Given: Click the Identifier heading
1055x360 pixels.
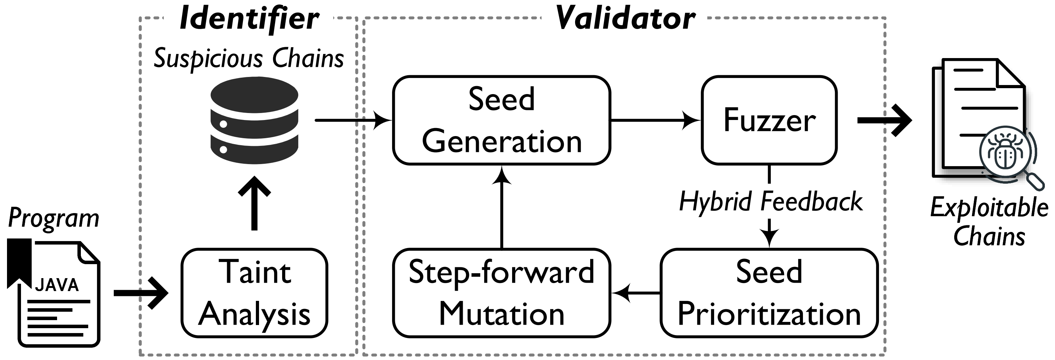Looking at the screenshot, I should click(249, 19).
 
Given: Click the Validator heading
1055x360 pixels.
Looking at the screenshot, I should click(625, 19).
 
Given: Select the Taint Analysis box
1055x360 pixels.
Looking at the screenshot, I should click(254, 293).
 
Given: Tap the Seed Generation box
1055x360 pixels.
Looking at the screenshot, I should click(501, 120).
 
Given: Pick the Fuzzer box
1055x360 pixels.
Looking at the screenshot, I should click(769, 120).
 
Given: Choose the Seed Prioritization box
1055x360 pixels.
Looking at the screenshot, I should click(769, 293).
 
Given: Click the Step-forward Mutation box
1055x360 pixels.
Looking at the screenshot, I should click(501, 293).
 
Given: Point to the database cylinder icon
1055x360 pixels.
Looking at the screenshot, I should click(254, 120).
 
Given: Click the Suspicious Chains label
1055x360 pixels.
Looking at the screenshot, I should click(249, 58).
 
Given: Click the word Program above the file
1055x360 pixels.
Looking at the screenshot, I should click(54, 218).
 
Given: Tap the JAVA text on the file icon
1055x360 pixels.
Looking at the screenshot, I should click(57, 285).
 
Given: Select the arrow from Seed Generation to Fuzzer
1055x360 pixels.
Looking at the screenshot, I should click(655, 120).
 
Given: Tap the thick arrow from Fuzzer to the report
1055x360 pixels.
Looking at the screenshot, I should click(885, 120).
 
